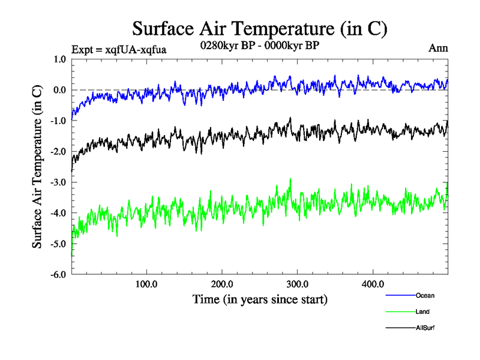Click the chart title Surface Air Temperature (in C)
pos(259,28)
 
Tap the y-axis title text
pos(37,167)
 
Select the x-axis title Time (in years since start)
pos(260,298)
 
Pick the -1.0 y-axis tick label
pos(59,121)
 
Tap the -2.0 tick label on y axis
pos(59,152)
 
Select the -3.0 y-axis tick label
pos(59,182)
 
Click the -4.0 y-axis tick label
pos(59,213)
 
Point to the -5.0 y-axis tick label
pos(59,244)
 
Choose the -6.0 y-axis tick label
pos(59,275)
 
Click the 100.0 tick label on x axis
pos(146,284)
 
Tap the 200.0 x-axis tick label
pos(222,284)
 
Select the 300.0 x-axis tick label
pos(298,284)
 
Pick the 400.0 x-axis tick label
pos(373,284)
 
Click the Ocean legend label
pos(425,295)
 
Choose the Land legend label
pos(422,312)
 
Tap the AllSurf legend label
pos(425,328)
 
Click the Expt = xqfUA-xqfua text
pos(118,49)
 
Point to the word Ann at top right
pos(438,48)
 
